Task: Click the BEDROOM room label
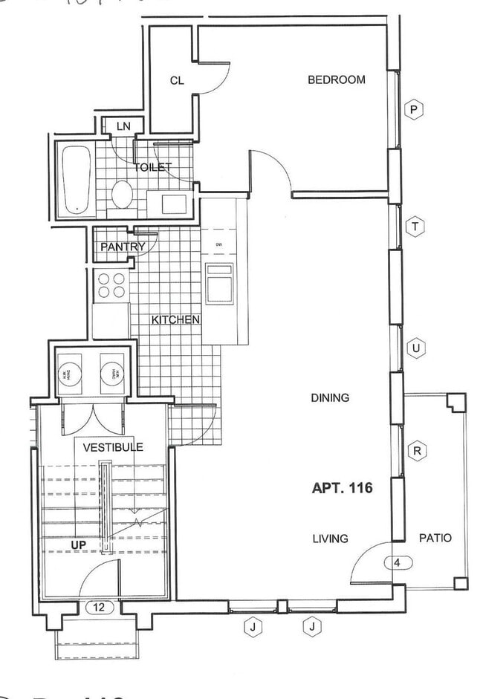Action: click(x=336, y=79)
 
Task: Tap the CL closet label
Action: click(x=176, y=81)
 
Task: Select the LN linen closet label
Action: click(x=123, y=127)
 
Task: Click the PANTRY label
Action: click(x=123, y=247)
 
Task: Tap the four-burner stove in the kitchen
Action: click(x=111, y=285)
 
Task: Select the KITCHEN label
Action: click(x=175, y=320)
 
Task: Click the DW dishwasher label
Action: click(x=218, y=244)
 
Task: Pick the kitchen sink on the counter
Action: click(x=219, y=282)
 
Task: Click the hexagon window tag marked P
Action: click(x=415, y=111)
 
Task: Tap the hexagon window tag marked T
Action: click(x=415, y=227)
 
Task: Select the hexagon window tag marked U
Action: click(x=416, y=348)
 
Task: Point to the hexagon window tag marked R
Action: click(x=418, y=451)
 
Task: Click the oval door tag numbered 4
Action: click(x=398, y=562)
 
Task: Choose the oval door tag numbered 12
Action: click(x=98, y=607)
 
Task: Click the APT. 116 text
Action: click(x=341, y=488)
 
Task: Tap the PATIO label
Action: click(x=435, y=539)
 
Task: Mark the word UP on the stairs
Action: click(x=79, y=544)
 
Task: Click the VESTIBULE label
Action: click(x=112, y=447)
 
